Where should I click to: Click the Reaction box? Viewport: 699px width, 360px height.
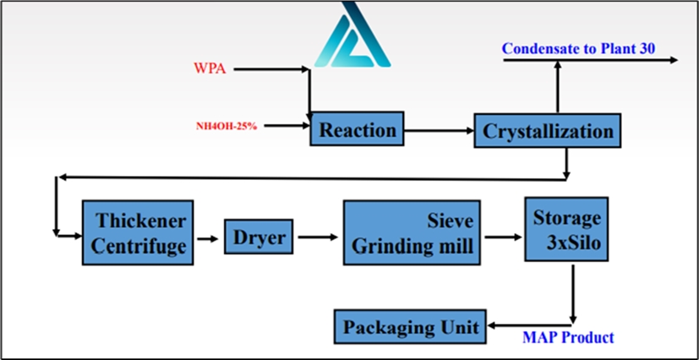coord(357,128)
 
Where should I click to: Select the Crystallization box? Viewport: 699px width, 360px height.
coord(548,130)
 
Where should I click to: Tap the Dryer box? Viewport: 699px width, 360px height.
coord(259,237)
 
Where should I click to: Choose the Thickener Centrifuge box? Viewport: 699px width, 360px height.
coord(138,232)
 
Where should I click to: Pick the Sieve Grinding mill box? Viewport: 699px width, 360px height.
coord(412,232)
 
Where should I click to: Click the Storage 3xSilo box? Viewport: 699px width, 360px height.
coord(566,229)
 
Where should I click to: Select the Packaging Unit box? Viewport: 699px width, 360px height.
coord(410,326)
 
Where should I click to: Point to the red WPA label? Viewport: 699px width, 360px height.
coord(210,69)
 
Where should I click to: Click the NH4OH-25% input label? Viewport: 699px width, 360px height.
coord(227,126)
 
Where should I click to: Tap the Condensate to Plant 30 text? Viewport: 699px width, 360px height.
coord(579,48)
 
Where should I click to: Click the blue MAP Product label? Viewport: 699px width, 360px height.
coord(568,337)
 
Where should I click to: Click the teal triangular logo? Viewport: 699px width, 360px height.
coord(352,35)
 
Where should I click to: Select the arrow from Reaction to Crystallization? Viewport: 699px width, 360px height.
coord(439,131)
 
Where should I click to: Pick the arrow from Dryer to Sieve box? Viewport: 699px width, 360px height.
coord(319,237)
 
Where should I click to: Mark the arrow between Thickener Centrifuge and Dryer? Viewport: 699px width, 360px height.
coord(208,239)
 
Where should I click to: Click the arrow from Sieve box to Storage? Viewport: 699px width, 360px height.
coord(504,237)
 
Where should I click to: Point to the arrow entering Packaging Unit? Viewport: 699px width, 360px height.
coord(530,326)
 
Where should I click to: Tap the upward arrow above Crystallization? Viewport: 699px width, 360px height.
coord(557,87)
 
